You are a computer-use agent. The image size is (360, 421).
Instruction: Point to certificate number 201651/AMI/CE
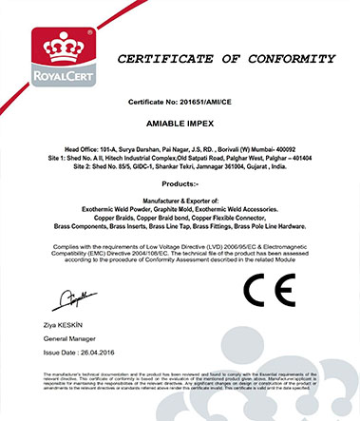pos(203,100)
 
